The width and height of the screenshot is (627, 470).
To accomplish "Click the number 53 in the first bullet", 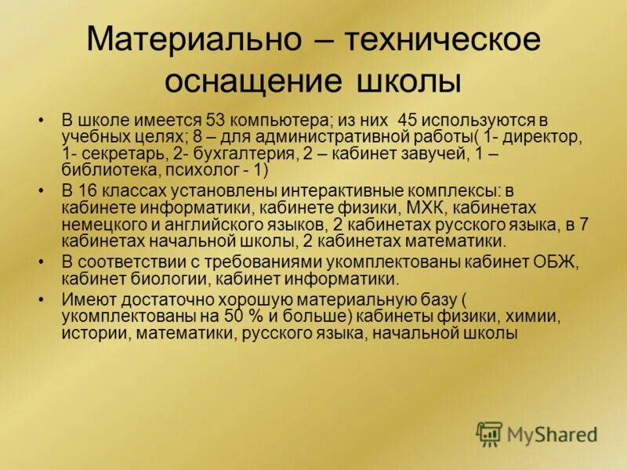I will coord(217,121).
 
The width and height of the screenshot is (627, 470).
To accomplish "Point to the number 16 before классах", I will coord(86,191).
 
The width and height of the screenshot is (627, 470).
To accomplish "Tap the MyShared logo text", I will coord(552,434).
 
